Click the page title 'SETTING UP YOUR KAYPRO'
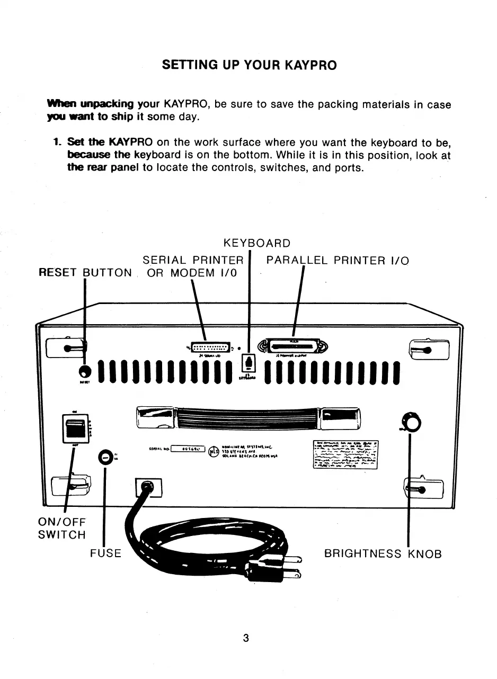coord(248,66)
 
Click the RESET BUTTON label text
coord(85,273)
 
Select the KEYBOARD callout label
coord(257,244)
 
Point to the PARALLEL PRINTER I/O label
coord(338,261)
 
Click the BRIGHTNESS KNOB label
coord(383,554)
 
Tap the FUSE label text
coord(105,553)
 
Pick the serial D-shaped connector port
coord(211,348)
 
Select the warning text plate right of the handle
coord(345,454)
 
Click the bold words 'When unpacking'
coord(90,104)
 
